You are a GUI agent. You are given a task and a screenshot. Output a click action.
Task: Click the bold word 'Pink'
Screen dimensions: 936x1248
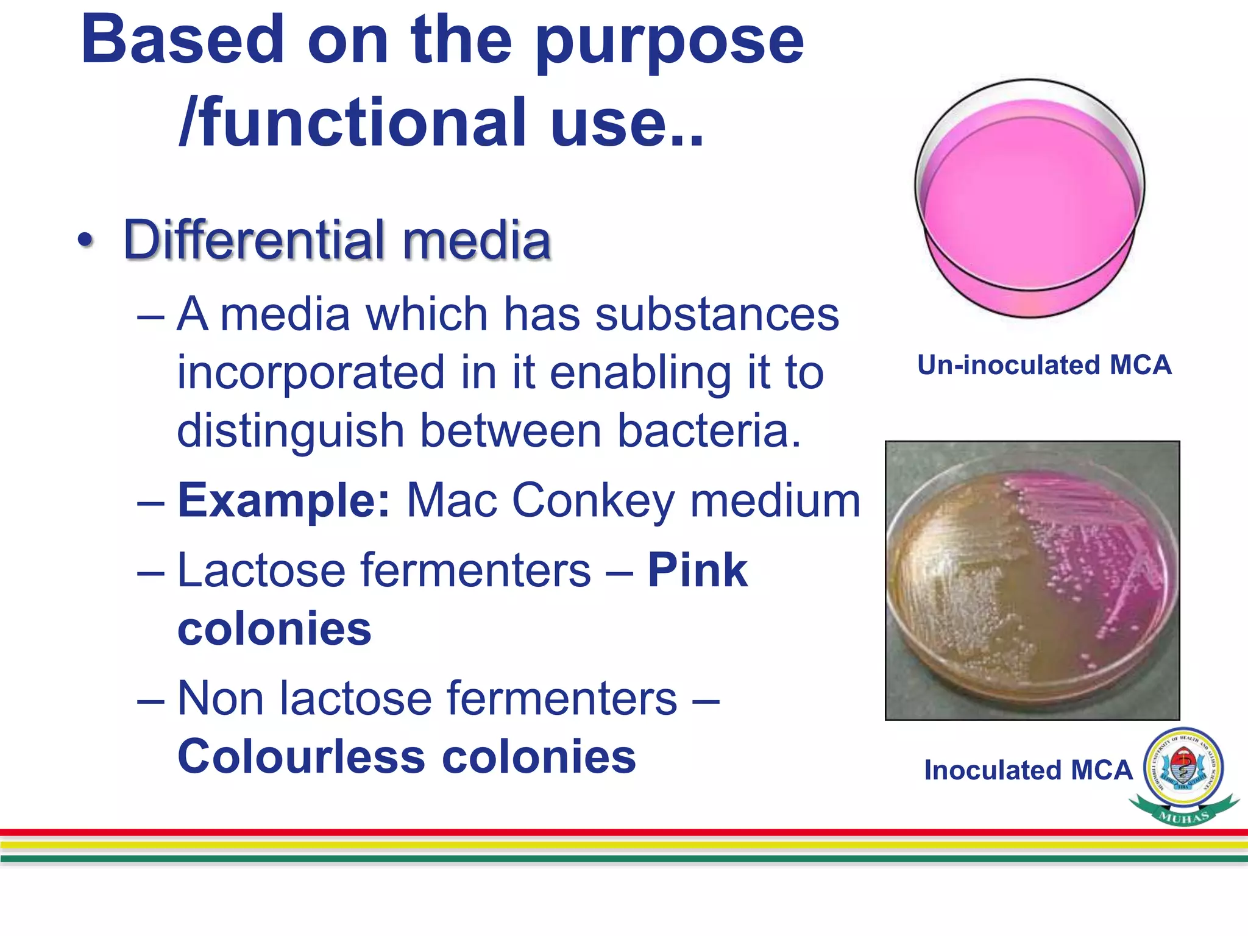point(697,570)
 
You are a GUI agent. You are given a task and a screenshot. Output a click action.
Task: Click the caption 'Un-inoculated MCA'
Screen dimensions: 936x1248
point(1044,365)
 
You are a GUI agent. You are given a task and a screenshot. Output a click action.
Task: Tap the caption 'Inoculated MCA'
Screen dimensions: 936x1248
point(1027,770)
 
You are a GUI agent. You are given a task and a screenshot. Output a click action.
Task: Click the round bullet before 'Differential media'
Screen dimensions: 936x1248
point(86,239)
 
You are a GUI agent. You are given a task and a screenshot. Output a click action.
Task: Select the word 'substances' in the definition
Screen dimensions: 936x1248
point(717,314)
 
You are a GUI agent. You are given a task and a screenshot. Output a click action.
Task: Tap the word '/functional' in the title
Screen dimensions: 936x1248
point(352,124)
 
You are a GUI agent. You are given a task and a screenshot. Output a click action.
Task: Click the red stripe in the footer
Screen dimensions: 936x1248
point(624,832)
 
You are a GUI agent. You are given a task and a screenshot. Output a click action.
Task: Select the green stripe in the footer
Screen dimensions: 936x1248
point(624,859)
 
